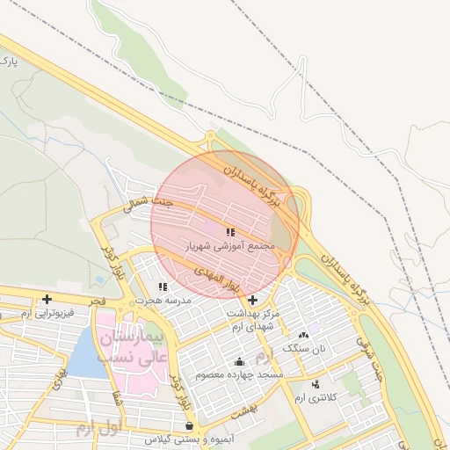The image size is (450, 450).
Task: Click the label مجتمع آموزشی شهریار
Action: click(x=230, y=246)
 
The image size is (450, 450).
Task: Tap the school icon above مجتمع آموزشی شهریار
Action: click(x=230, y=233)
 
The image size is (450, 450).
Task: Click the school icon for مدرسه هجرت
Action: click(x=163, y=287)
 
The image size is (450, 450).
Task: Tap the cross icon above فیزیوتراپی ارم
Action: click(x=47, y=300)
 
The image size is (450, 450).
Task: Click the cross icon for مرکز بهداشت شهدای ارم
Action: click(x=253, y=301)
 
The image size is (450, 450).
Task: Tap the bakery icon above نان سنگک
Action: click(x=305, y=335)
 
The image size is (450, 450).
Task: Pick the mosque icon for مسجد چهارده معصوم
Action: click(x=239, y=361)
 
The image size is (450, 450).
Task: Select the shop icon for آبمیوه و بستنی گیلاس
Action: click(x=189, y=425)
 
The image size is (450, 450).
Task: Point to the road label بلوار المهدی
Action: click(x=217, y=275)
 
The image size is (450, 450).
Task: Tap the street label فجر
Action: click(x=97, y=301)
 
